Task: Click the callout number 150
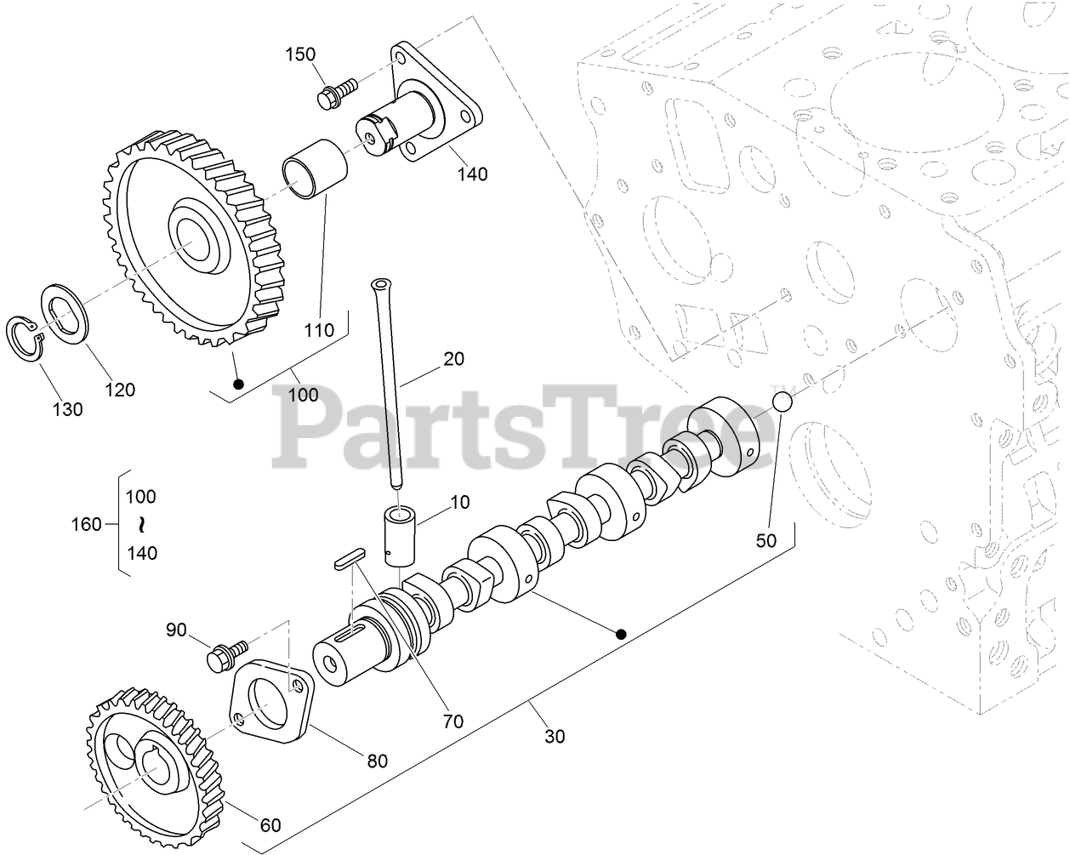pyautogui.click(x=299, y=54)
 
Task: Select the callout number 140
pyautogui.click(x=471, y=174)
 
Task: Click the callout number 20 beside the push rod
pyautogui.click(x=454, y=359)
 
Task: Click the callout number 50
pyautogui.click(x=766, y=539)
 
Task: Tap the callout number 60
pyautogui.click(x=270, y=824)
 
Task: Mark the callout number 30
pyautogui.click(x=554, y=737)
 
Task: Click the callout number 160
pyautogui.click(x=85, y=524)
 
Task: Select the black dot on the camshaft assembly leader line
pyautogui.click(x=621, y=634)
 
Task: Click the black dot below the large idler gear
pyautogui.click(x=239, y=385)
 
